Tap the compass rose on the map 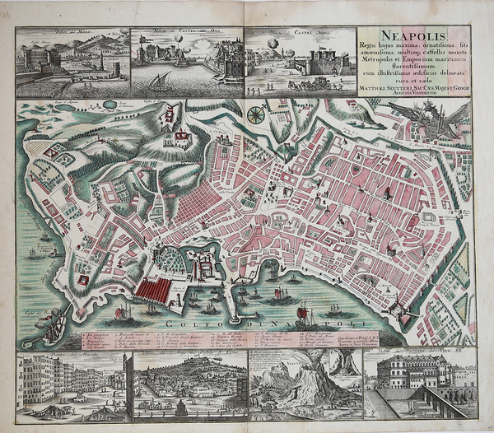[x=256, y=114]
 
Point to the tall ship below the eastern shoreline [x=305, y=316]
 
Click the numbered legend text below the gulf [x=206, y=340]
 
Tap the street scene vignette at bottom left [x=70, y=383]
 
